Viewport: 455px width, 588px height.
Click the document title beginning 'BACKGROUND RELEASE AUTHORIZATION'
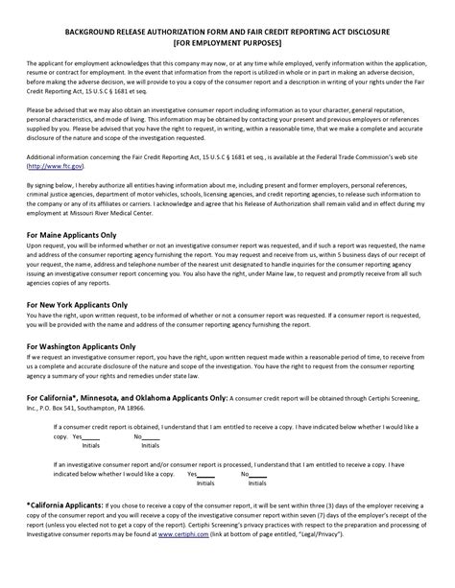click(227, 31)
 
